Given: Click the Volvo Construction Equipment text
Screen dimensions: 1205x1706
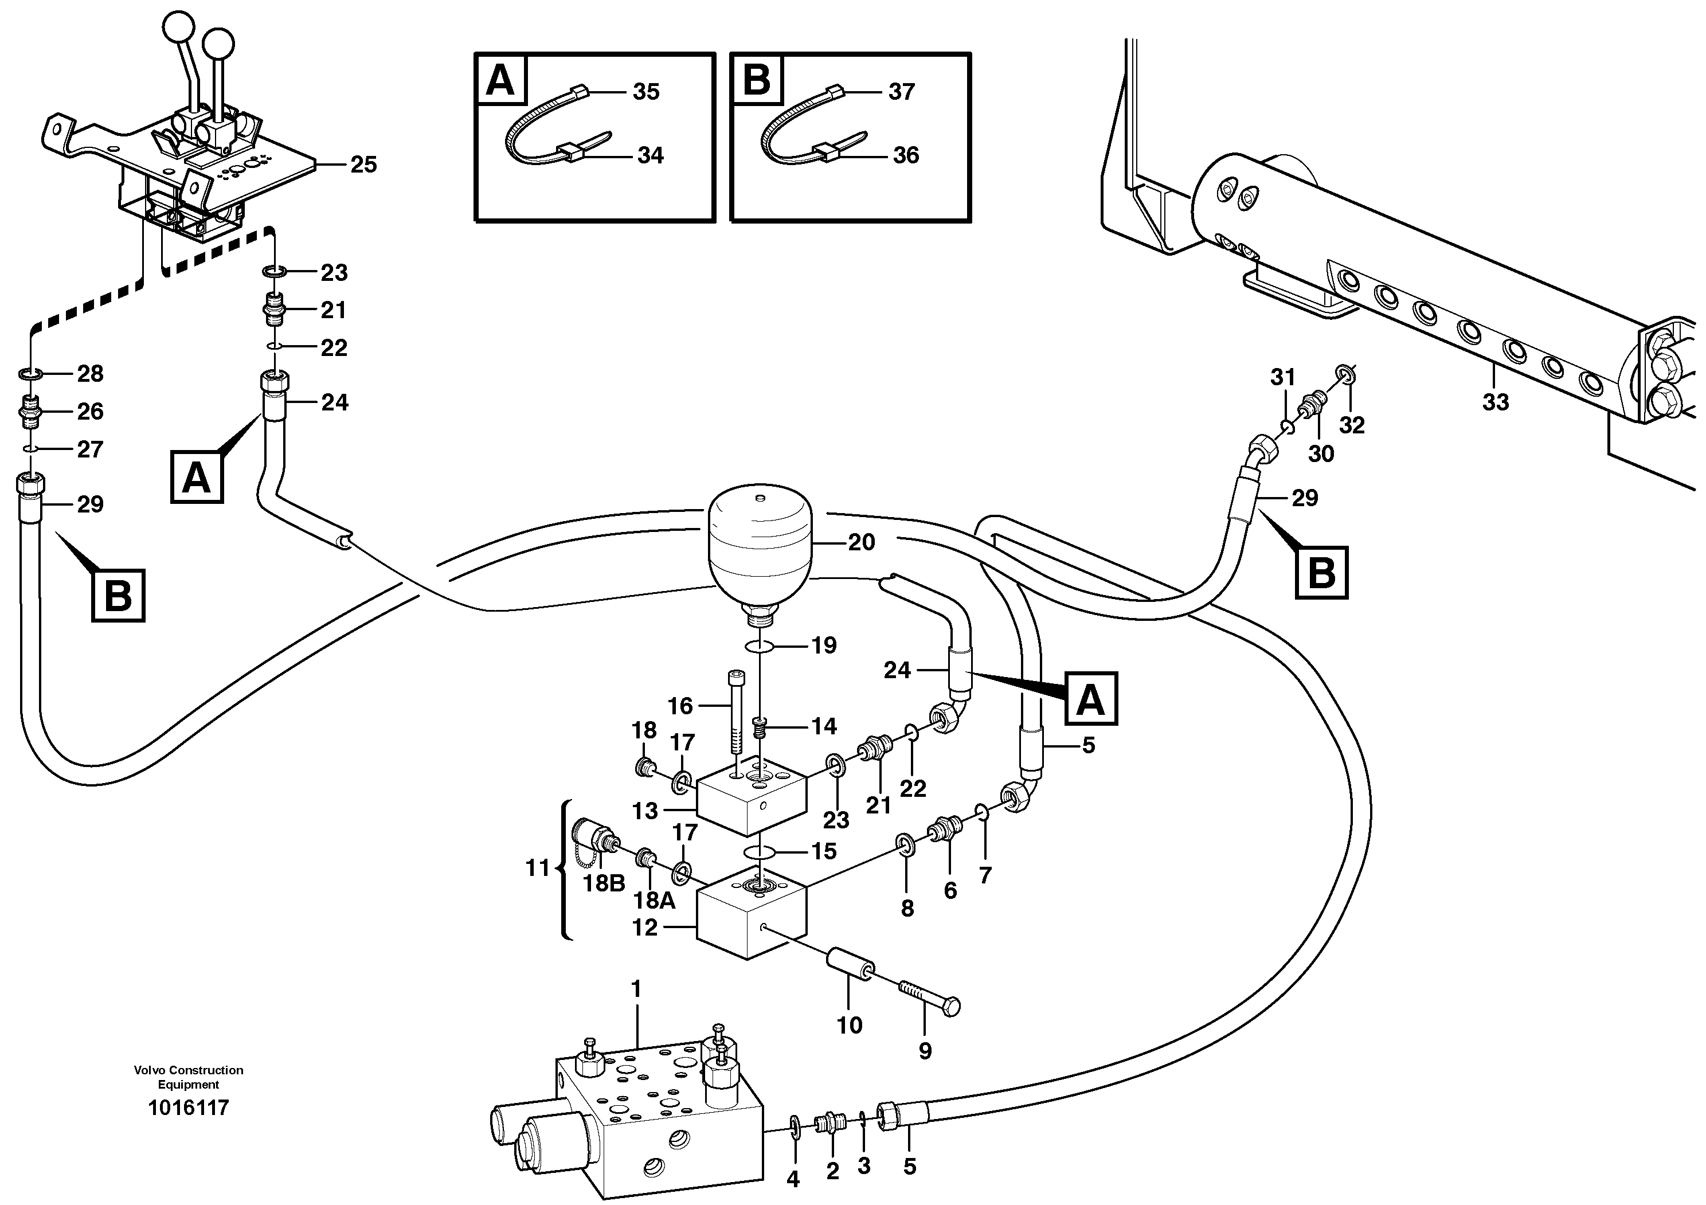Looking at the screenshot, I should pyautogui.click(x=188, y=1077).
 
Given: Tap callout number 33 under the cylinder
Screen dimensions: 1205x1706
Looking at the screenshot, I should pyautogui.click(x=1495, y=402).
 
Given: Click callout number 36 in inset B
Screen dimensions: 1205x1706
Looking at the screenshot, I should pyautogui.click(x=906, y=155).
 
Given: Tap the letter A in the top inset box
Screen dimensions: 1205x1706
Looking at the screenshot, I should pyautogui.click(x=499, y=80).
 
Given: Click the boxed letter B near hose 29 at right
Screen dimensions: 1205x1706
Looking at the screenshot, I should pyautogui.click(x=1321, y=572).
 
